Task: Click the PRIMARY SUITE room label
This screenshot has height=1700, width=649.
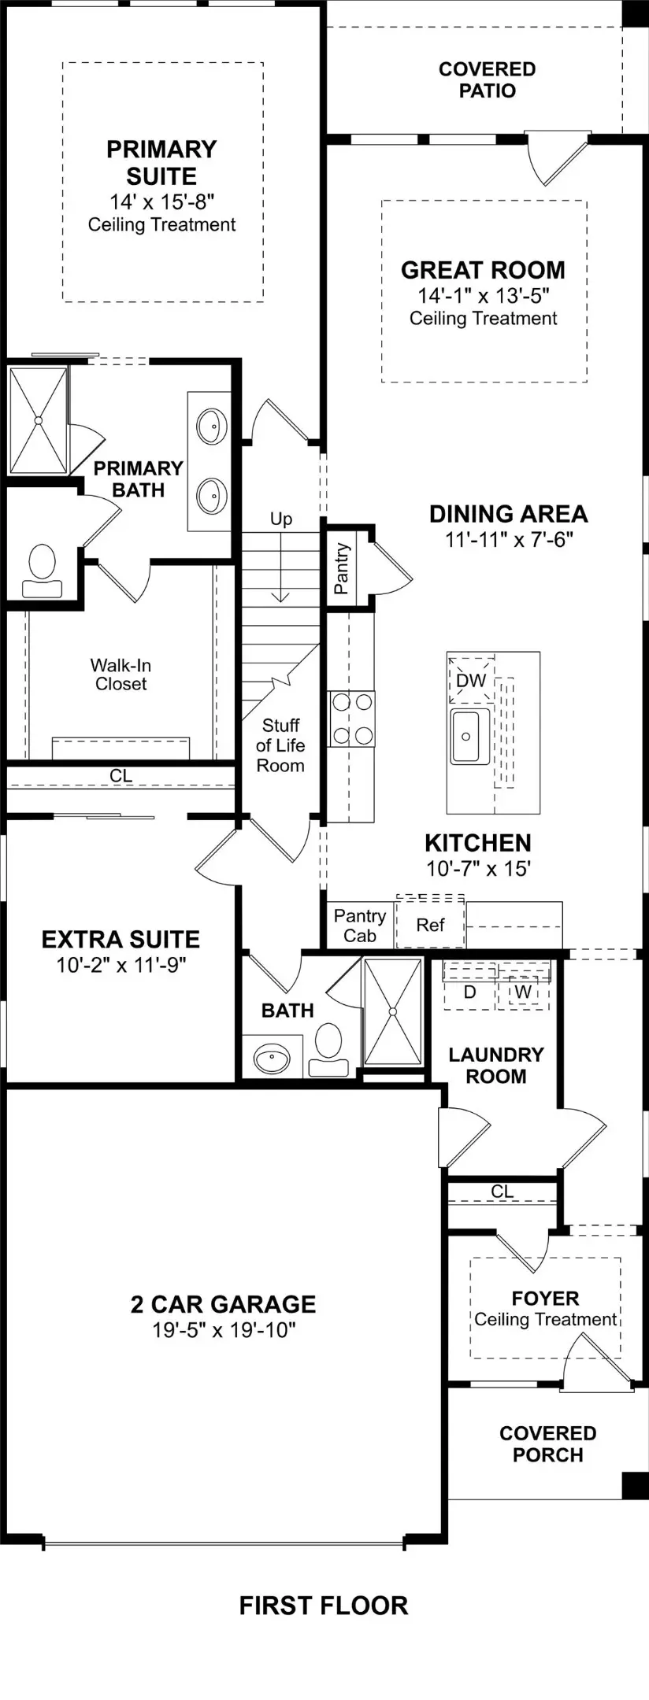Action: pos(161,162)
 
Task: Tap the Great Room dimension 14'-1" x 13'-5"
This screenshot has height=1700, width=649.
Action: pos(483,295)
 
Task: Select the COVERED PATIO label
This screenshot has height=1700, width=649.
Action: pos(487,79)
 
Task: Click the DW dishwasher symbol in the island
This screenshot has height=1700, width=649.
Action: pos(471,680)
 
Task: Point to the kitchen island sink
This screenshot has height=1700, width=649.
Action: pos(465,737)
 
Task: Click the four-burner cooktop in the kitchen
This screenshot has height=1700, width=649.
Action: pos(351,719)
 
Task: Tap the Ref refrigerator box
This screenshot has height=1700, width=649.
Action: pos(430,925)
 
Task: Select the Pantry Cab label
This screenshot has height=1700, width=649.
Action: pos(359,926)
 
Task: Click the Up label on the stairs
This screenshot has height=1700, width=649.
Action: pos(281,519)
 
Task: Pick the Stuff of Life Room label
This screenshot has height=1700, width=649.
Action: pos(280,745)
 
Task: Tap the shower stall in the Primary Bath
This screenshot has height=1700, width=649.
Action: pos(38,420)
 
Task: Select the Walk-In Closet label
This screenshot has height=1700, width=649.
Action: pos(121,674)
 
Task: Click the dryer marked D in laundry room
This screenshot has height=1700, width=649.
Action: pos(469,992)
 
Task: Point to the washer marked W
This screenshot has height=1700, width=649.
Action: pos(523,992)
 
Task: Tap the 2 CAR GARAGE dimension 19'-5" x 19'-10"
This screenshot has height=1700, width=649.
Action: pos(224,1330)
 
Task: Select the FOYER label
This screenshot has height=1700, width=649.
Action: pos(545,1298)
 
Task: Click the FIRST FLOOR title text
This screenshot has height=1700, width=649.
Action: pos(323,1605)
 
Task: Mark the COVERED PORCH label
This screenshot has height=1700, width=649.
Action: pos(547,1443)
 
